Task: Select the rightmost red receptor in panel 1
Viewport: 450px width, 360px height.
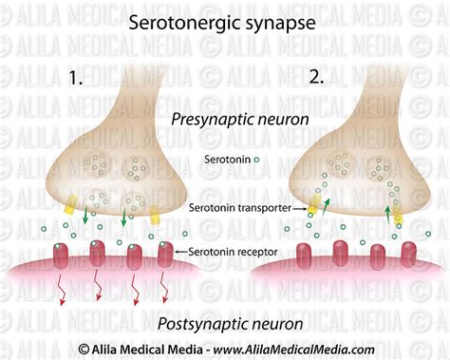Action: pyautogui.click(x=165, y=255)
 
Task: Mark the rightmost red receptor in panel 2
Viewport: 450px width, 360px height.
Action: pyautogui.click(x=409, y=255)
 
